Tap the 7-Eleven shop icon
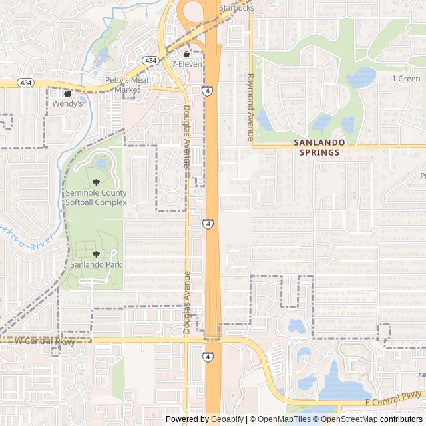(x=186, y=54)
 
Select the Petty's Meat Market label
(x=126, y=85)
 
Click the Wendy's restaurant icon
(x=67, y=93)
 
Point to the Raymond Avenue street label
(x=251, y=106)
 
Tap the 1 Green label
(x=406, y=79)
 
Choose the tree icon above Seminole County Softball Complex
(x=96, y=182)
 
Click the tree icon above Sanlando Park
(x=96, y=254)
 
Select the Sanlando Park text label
(x=96, y=264)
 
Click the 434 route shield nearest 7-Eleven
(x=151, y=61)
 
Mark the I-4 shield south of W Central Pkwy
(x=208, y=357)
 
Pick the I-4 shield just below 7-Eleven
(x=208, y=90)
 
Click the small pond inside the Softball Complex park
(x=101, y=162)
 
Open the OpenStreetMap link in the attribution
(x=345, y=419)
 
